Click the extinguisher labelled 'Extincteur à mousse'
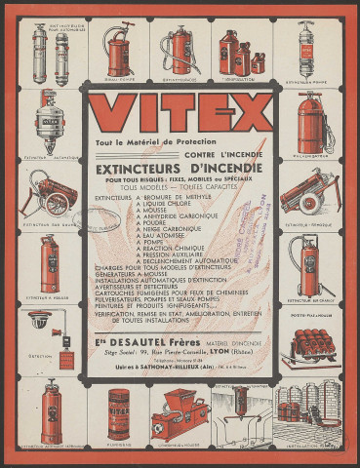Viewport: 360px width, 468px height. click(x=49, y=262)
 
